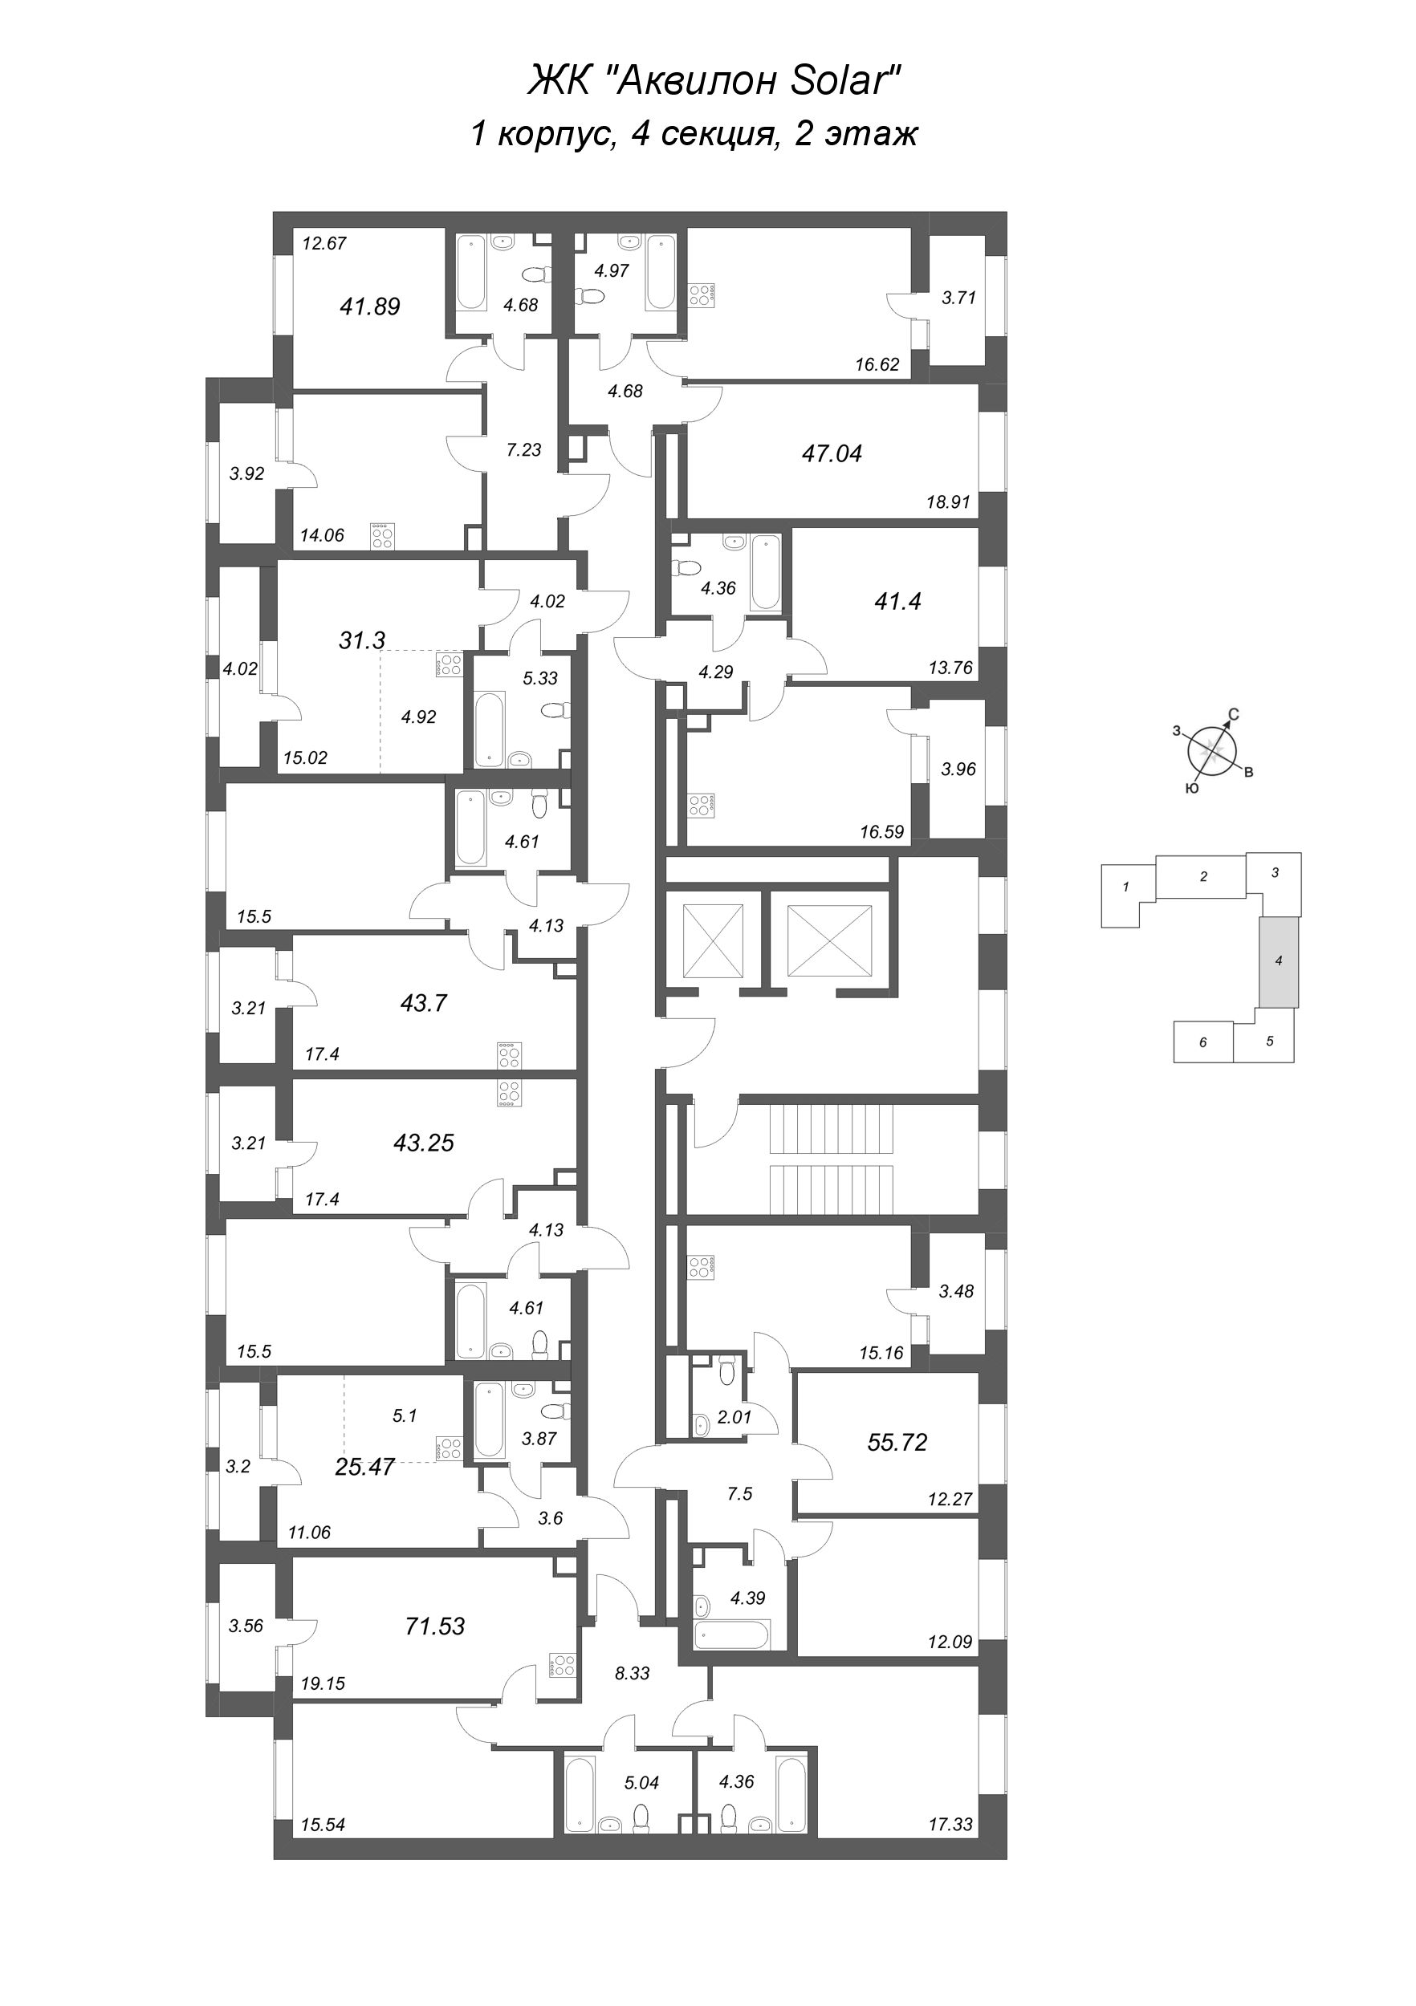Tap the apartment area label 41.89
click(x=370, y=307)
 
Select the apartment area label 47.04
click(x=832, y=453)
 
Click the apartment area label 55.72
click(x=897, y=1443)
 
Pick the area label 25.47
click(x=364, y=1467)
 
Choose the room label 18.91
click(x=950, y=503)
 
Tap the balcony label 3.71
click(x=958, y=297)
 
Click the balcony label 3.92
click(x=246, y=473)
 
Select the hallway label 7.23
click(x=523, y=450)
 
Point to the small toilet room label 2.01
click(x=734, y=1418)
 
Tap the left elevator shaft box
click(x=711, y=940)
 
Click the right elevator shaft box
click(x=828, y=940)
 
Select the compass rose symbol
click(x=1211, y=749)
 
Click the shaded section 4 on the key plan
click(x=1278, y=961)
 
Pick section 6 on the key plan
click(x=1202, y=1042)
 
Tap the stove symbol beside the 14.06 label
click(x=382, y=534)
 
